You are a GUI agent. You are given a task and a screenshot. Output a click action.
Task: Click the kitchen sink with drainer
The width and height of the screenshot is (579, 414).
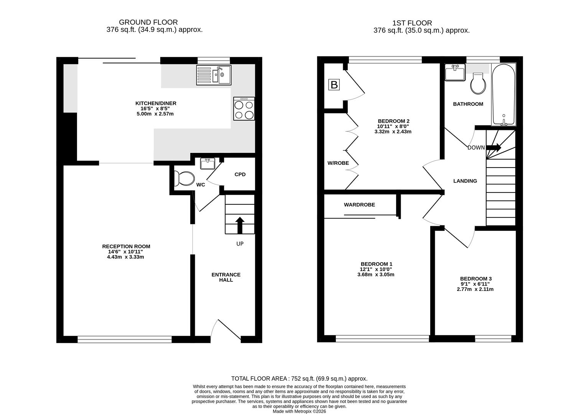pyautogui.click(x=214, y=75)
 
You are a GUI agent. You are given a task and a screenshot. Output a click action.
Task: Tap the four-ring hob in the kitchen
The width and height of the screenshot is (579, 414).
pyautogui.click(x=244, y=108)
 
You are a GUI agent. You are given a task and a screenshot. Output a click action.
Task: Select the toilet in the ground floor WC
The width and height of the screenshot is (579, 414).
pyautogui.click(x=184, y=178)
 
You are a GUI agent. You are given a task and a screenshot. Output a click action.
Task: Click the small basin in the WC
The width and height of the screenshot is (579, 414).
pyautogui.click(x=207, y=164)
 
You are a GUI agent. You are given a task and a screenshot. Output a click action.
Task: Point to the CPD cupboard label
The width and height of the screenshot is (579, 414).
pyautogui.click(x=240, y=174)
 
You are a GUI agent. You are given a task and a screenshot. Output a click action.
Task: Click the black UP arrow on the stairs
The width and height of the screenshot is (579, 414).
pyautogui.click(x=240, y=225)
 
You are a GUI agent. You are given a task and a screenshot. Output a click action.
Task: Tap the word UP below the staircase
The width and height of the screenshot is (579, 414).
pyautogui.click(x=240, y=244)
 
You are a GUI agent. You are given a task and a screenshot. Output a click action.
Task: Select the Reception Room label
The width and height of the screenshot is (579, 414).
pyautogui.click(x=126, y=246)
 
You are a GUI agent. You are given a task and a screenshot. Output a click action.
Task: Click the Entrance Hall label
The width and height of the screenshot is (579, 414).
pyautogui.click(x=226, y=277)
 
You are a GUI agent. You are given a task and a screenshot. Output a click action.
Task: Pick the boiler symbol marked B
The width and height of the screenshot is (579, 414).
pyautogui.click(x=334, y=85)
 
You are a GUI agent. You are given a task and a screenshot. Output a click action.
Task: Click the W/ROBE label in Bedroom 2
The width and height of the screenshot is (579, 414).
pyautogui.click(x=338, y=163)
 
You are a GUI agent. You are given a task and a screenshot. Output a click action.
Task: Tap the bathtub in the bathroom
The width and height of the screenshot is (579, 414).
pyautogui.click(x=503, y=95)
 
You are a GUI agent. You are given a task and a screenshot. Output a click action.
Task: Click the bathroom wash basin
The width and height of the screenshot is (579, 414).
pyautogui.click(x=455, y=72)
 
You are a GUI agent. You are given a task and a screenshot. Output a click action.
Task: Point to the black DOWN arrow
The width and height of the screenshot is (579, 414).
pyautogui.click(x=493, y=148)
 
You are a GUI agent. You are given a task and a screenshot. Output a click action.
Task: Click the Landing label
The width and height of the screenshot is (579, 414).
pyautogui.click(x=465, y=181)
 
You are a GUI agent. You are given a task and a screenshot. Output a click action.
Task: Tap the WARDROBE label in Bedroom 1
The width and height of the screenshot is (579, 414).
pyautogui.click(x=359, y=205)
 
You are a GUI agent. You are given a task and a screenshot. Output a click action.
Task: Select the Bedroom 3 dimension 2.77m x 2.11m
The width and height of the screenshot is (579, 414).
pyautogui.click(x=475, y=289)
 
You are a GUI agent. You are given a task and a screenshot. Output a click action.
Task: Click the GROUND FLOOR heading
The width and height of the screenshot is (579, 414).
pyautogui.click(x=148, y=22)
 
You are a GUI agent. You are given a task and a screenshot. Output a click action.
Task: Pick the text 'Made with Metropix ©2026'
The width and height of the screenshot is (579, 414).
pyautogui.click(x=299, y=411)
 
